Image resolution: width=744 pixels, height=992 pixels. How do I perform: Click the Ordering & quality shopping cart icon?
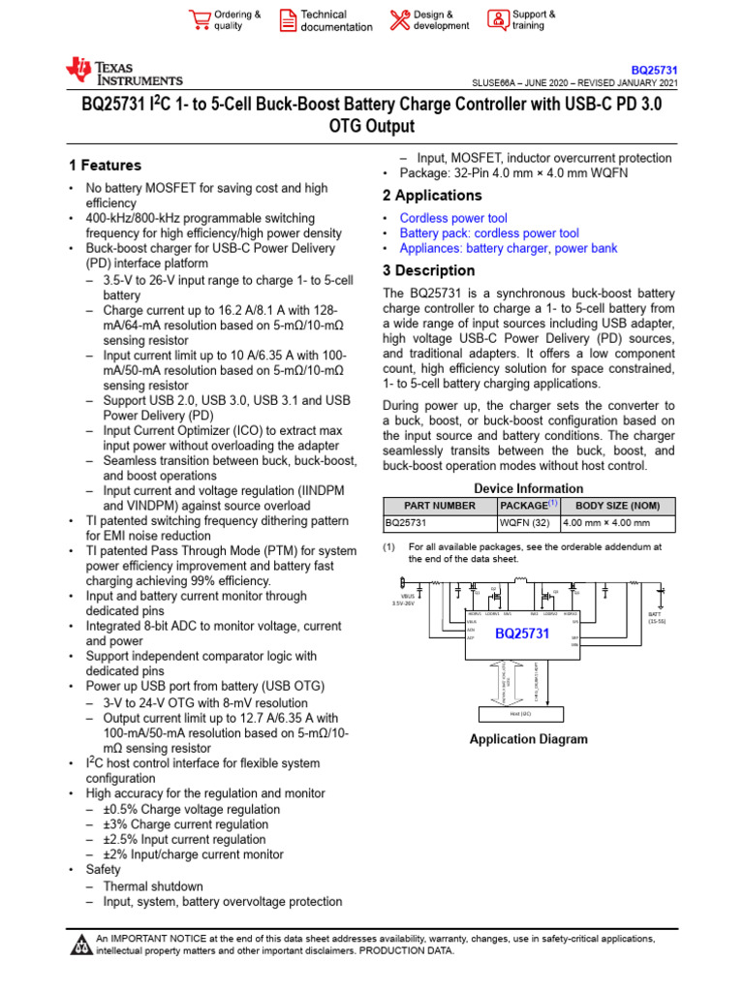(200, 19)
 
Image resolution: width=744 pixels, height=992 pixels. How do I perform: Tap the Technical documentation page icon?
(288, 19)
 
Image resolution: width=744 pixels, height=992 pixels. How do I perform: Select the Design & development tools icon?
(399, 19)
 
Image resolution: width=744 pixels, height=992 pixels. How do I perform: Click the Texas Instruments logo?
(124, 72)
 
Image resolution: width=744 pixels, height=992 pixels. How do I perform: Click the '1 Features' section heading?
(105, 166)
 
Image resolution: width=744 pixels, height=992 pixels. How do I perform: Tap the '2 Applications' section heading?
(432, 196)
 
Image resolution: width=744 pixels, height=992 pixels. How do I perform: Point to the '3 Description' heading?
(428, 270)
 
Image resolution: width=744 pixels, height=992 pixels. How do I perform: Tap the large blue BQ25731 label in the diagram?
(522, 635)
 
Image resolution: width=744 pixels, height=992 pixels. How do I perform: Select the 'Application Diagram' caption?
(528, 739)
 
